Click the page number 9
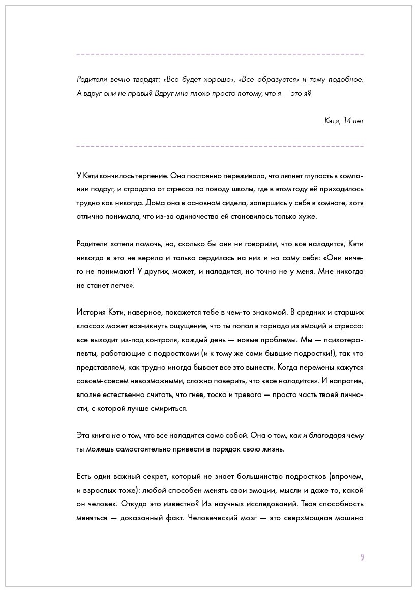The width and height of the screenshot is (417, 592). point(362,557)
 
